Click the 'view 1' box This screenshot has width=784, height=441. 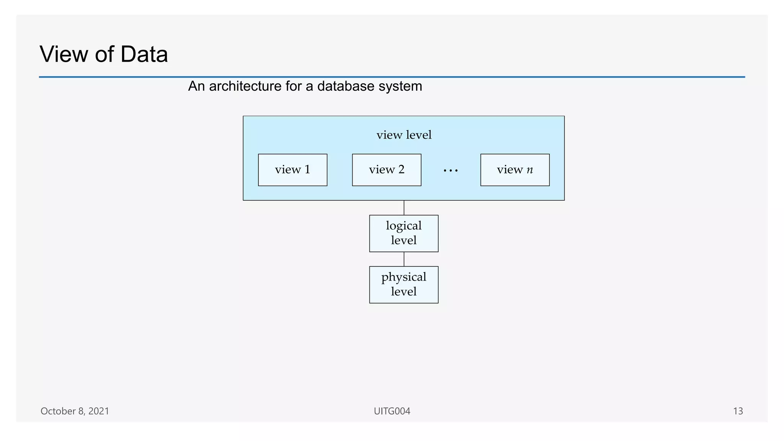coord(292,170)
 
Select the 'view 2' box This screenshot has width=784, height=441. coord(386,170)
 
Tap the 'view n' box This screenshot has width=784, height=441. coord(515,170)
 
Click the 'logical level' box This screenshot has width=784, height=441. coord(403,233)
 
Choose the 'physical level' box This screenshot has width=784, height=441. coord(403,284)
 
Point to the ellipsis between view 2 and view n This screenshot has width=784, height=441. coord(451,171)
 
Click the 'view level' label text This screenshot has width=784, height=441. coord(404,135)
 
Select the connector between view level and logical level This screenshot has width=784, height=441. coord(404,207)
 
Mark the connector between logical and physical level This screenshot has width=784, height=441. coord(404,259)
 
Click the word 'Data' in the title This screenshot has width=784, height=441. coord(144,54)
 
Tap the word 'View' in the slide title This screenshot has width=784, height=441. coord(64,54)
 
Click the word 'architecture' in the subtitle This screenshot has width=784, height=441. coord(245,86)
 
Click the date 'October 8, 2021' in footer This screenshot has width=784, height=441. coord(75,411)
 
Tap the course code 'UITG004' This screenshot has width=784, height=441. coord(392,411)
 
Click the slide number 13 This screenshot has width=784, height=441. coord(738,411)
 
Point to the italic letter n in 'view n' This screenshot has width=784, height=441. coord(530,170)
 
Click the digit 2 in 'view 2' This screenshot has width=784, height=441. coord(401,169)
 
